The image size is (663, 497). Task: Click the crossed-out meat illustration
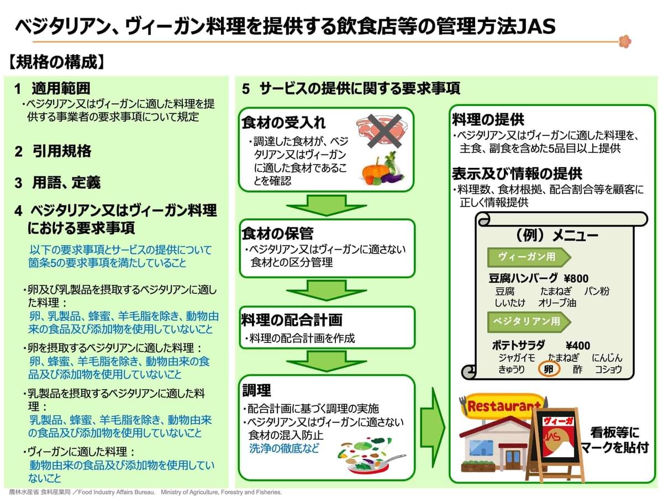click(383, 131)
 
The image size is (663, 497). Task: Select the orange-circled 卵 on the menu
click(549, 369)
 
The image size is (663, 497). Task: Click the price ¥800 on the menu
click(576, 278)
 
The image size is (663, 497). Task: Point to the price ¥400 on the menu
click(578, 345)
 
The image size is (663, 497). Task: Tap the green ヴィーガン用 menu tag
click(529, 257)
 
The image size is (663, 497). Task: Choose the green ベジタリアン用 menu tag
click(529, 322)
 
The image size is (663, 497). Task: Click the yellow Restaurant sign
click(503, 406)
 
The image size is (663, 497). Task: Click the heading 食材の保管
click(277, 233)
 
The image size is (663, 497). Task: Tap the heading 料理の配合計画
click(292, 320)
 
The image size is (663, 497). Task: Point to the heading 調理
click(257, 390)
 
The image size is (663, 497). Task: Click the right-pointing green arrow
click(433, 427)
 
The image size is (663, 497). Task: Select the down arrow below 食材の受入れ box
click(327, 205)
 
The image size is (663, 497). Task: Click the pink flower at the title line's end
click(624, 41)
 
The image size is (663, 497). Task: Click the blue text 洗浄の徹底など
click(284, 448)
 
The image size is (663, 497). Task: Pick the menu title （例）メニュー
click(556, 235)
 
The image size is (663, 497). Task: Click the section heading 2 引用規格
click(53, 151)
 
